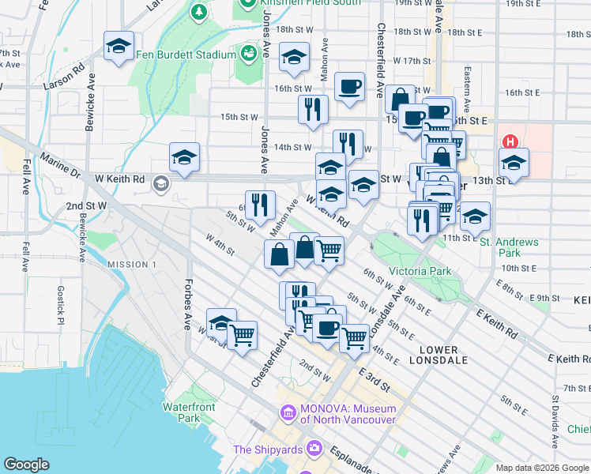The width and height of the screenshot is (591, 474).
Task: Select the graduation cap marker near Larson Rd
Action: click(119, 47)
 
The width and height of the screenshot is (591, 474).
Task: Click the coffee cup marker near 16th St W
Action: click(349, 87)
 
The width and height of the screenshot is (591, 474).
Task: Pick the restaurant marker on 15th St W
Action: click(313, 111)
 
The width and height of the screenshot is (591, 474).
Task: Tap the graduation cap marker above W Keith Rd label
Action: click(184, 157)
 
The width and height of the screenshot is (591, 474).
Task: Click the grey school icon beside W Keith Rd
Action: click(161, 184)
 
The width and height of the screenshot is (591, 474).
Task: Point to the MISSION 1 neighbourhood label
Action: click(132, 264)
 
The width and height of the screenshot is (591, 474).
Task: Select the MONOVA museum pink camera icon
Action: click(287, 412)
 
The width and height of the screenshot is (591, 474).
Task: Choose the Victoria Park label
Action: click(420, 271)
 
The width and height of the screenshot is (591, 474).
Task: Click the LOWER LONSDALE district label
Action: click(439, 355)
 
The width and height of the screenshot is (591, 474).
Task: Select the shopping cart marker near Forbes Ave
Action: click(243, 335)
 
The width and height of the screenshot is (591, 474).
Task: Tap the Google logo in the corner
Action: click(26, 464)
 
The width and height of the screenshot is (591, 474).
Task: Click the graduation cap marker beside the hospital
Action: click(514, 164)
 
